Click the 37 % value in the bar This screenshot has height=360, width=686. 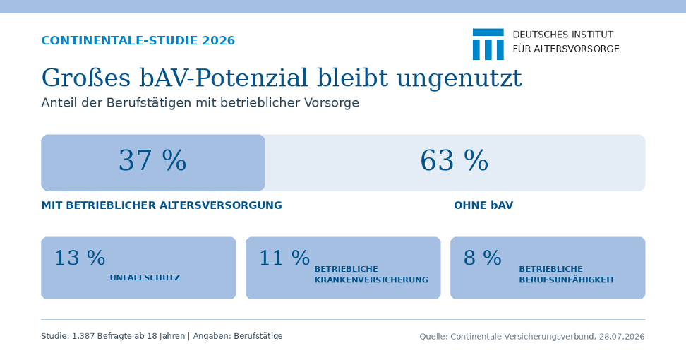coord(152,160)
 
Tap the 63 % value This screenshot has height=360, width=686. coord(454,160)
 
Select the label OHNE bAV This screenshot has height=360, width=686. coord(483,205)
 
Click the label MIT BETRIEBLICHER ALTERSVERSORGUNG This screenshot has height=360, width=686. coord(162,205)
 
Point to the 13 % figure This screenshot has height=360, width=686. coord(80,258)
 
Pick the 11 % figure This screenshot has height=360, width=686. coord(284,258)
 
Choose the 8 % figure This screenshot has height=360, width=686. coord(483,258)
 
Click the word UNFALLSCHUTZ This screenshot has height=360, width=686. coord(145,277)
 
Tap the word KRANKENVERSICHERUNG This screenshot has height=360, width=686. coord(371,280)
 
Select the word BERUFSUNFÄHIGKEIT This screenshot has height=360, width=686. coord(567,280)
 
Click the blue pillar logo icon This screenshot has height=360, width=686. coord(488,44)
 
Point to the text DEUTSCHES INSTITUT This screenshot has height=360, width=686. coord(563,35)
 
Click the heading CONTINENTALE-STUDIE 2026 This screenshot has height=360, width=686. coord(138,41)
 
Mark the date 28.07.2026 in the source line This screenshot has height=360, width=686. coord(622,337)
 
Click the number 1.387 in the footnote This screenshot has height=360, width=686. coord(83,336)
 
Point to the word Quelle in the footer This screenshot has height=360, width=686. coord(433,337)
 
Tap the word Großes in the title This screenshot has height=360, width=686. coord(86,78)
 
